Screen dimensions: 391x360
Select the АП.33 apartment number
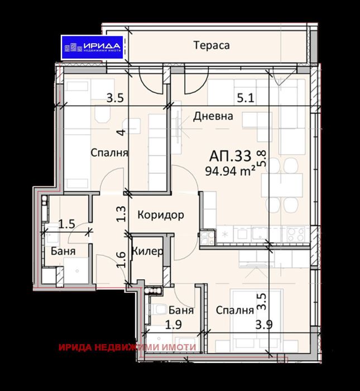(229, 155)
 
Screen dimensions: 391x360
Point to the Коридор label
(160, 216)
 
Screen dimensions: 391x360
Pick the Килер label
(147, 251)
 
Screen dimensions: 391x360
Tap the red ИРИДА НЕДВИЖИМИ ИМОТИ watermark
(127, 347)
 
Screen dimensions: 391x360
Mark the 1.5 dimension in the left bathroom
(68, 225)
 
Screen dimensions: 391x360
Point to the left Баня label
(60, 251)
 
